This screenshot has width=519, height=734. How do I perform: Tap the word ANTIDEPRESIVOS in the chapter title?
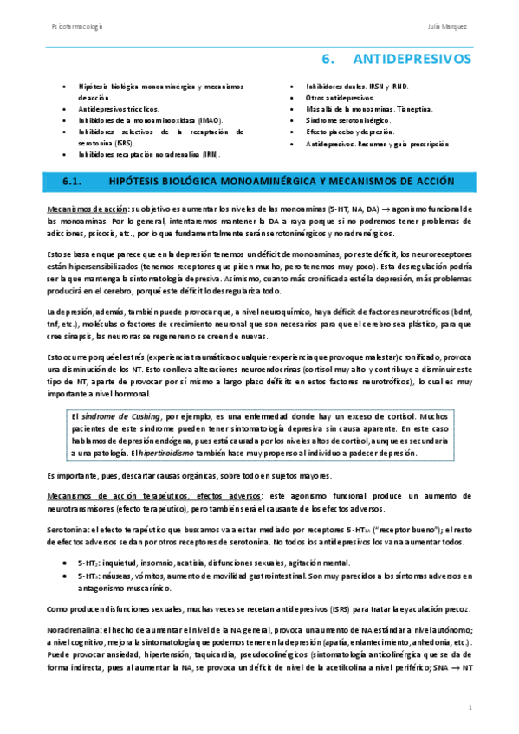412,60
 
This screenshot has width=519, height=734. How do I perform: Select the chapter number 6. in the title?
328,60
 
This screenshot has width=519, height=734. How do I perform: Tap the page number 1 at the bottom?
469,708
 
